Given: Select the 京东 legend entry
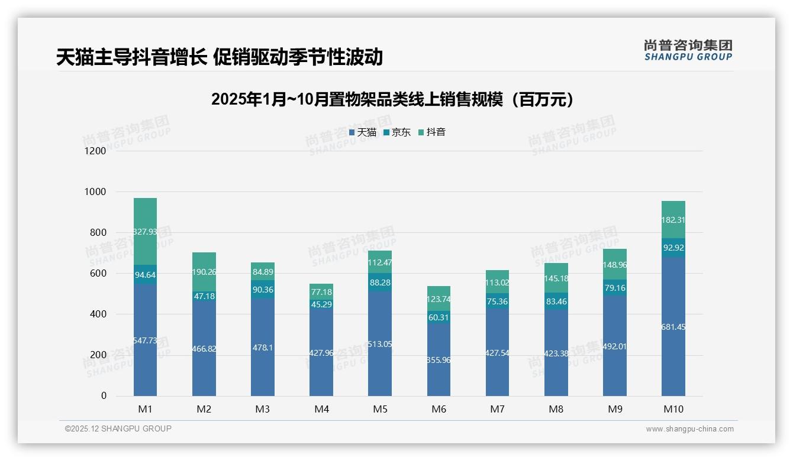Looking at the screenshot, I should pos(397,132).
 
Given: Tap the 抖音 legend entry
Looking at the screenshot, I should pos(432,132).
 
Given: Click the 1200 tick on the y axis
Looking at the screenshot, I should pos(95,151).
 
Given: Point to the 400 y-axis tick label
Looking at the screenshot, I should pos(98,314).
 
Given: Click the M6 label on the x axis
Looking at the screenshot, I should pos(439,409).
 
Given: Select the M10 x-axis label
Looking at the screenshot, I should pos(673,409).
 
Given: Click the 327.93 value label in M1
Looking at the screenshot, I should pos(145,232).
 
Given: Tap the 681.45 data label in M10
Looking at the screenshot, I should pos(673,327).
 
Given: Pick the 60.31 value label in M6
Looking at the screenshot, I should pos(439,317).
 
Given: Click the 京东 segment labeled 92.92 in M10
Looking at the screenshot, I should pos(673,248).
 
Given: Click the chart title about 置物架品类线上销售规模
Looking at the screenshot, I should pos(392,100).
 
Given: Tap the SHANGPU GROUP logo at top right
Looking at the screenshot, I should pos(688,50).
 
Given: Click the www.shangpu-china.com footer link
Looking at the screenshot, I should pos(689,429).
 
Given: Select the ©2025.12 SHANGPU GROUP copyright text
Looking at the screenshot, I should pos(118,429).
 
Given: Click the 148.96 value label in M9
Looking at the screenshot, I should pos(614,265).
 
